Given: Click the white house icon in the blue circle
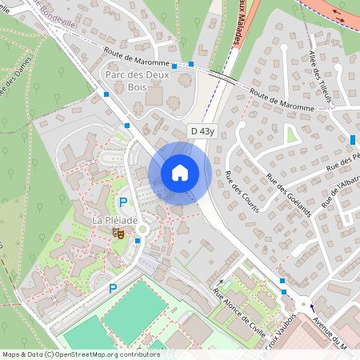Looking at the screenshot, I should coord(180,172).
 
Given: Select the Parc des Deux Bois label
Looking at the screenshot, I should coord(138,81).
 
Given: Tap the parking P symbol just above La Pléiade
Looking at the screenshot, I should coord(122,203).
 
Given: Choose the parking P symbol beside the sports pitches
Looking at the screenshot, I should coord(113,288).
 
